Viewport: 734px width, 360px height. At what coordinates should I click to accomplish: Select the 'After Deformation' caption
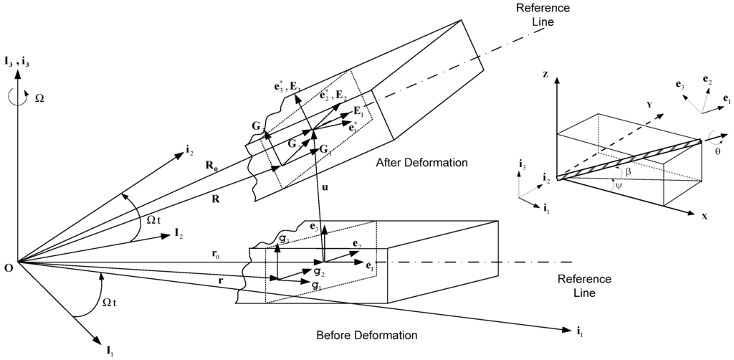(421, 164)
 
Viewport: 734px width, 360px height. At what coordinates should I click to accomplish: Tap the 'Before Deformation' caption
(366, 335)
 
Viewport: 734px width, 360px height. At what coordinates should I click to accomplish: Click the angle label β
(628, 173)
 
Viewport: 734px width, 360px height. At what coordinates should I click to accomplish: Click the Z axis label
(546, 75)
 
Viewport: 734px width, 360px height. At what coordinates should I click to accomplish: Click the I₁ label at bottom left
(109, 351)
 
